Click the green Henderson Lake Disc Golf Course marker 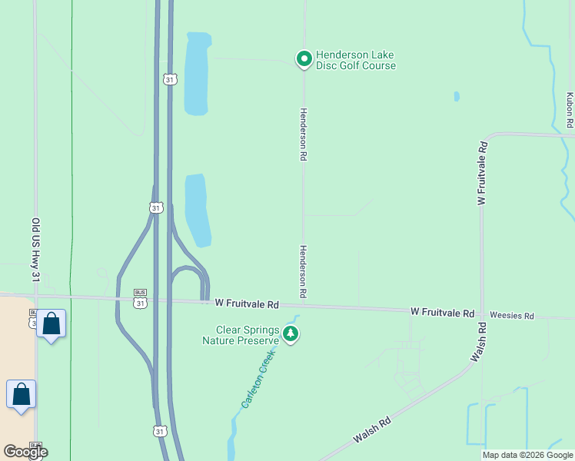pyautogui.click(x=304, y=58)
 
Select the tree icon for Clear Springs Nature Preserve pyautogui.click(x=291, y=333)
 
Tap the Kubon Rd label pyautogui.click(x=570, y=110)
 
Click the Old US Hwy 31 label pyautogui.click(x=35, y=249)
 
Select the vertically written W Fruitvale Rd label pyautogui.click(x=482, y=173)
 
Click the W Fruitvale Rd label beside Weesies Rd pyautogui.click(x=442, y=313)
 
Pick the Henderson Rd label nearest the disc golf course pyautogui.click(x=304, y=134)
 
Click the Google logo pyautogui.click(x=25, y=452)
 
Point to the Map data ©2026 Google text pyautogui.click(x=527, y=455)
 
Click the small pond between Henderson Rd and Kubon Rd pyautogui.click(x=457, y=97)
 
